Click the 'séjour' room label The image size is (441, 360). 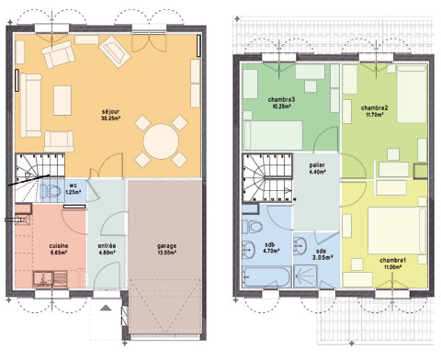click(x=111, y=113)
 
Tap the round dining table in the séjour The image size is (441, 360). click(x=163, y=142)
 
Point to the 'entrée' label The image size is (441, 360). click(x=107, y=246)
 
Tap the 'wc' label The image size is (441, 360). click(x=72, y=186)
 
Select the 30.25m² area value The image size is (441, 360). click(x=111, y=120)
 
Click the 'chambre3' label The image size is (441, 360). click(x=281, y=99)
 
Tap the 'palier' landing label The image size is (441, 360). click(x=317, y=164)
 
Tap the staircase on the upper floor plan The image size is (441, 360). click(x=266, y=180)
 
